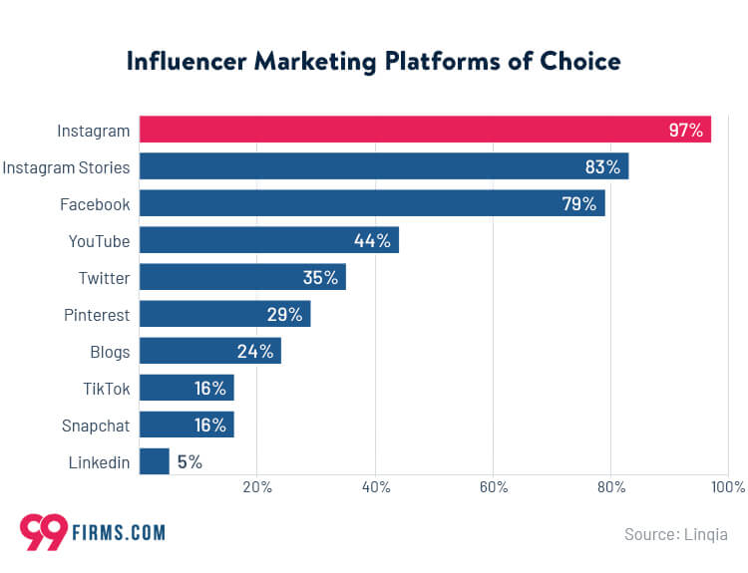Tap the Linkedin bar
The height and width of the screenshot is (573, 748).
[x=154, y=461]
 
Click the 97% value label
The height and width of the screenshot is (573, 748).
[x=686, y=130]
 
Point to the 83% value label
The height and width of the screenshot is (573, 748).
[x=603, y=166]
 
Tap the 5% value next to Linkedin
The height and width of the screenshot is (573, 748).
[x=189, y=461]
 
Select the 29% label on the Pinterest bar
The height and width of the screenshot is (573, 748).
[x=284, y=314]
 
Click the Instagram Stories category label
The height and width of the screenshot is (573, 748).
[x=66, y=166]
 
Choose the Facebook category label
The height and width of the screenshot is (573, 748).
[x=95, y=204]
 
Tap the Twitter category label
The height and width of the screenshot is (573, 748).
[x=105, y=277]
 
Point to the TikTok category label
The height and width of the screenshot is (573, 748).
[x=107, y=388]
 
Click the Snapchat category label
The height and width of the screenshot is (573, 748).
[x=96, y=425]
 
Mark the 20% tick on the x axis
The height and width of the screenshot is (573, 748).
[x=257, y=487]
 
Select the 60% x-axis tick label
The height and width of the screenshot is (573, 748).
[x=493, y=487]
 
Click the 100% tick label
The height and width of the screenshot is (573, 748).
[x=728, y=487]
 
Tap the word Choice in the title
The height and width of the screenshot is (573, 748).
[x=579, y=61]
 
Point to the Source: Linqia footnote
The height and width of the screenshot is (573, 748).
[x=675, y=534]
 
